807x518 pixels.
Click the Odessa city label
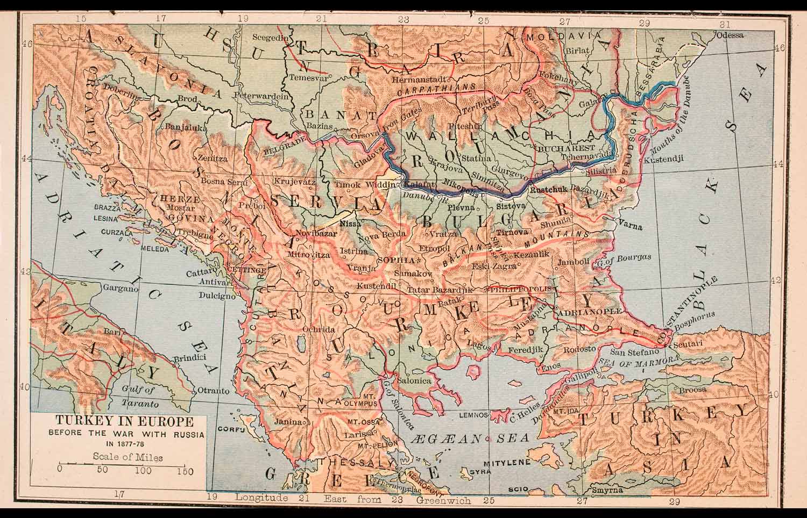click(730, 35)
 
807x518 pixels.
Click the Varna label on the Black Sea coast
click(631, 226)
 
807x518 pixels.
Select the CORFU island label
click(231, 430)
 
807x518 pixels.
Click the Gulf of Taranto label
click(139, 397)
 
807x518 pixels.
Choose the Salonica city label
click(414, 380)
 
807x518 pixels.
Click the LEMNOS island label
click(473, 415)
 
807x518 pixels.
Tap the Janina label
click(288, 422)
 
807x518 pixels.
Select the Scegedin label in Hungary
click(271, 38)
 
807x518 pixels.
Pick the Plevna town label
click(462, 207)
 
